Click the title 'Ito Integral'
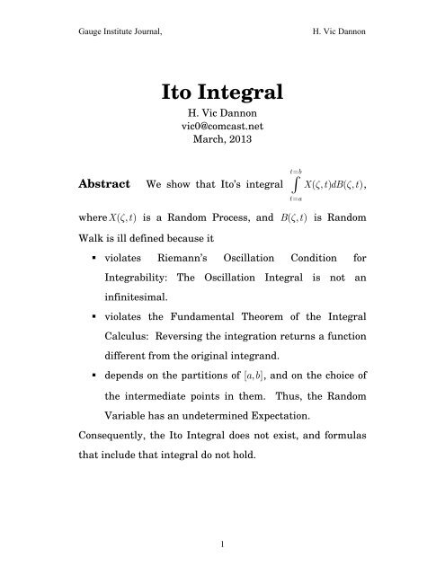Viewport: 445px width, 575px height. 222,92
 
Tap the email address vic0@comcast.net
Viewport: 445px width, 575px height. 222,128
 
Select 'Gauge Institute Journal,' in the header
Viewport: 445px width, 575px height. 88,28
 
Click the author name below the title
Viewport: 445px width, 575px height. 222,115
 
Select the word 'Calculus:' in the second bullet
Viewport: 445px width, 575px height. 149,366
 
